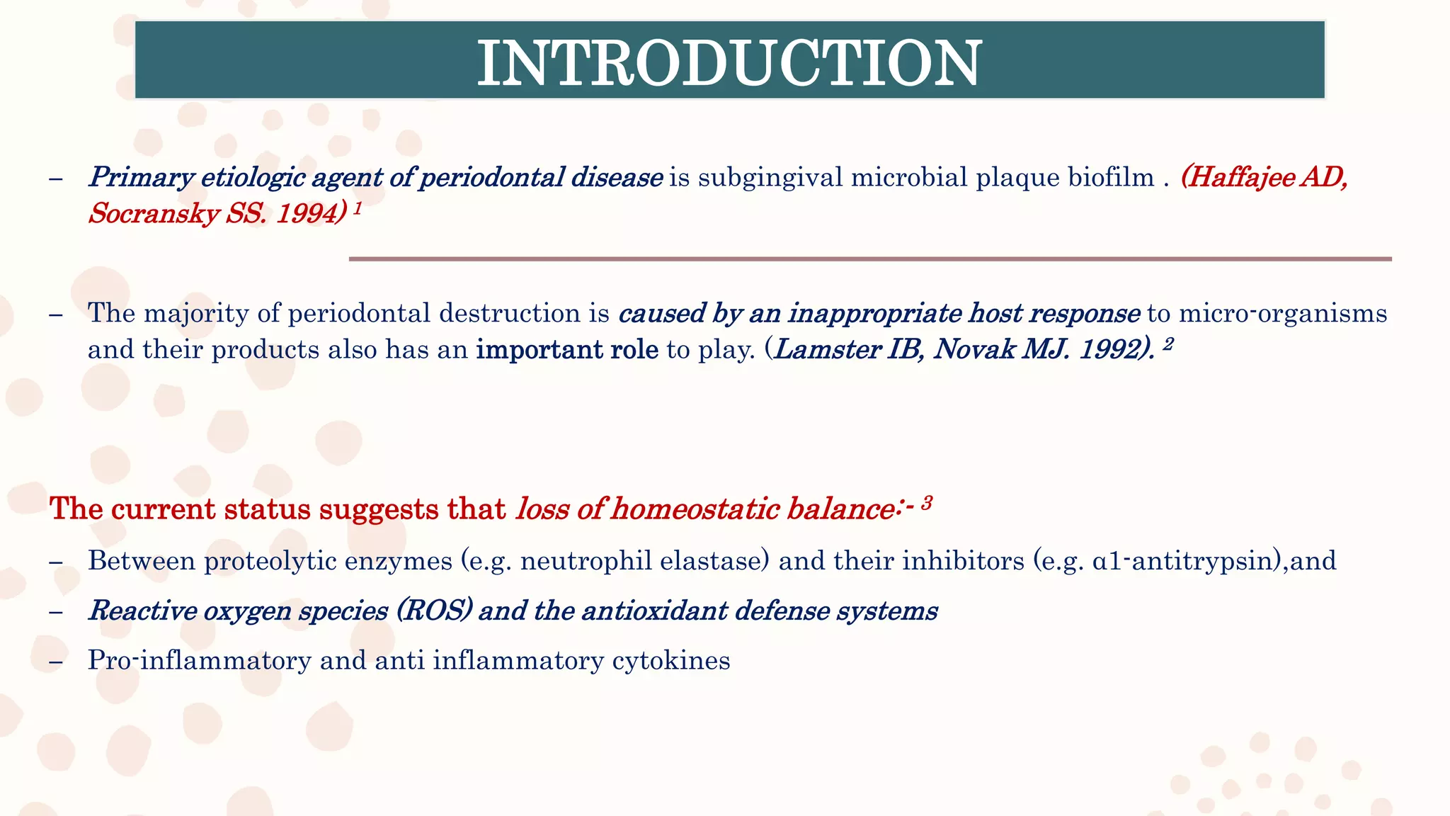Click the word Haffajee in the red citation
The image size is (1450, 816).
pos(1240,177)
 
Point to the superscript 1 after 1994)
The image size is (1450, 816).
pos(358,208)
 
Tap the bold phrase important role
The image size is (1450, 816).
pos(567,350)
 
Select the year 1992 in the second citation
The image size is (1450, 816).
pos(1109,350)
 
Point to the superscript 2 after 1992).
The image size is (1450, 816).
pos(1168,344)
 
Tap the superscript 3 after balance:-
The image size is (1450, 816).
pos(926,504)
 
